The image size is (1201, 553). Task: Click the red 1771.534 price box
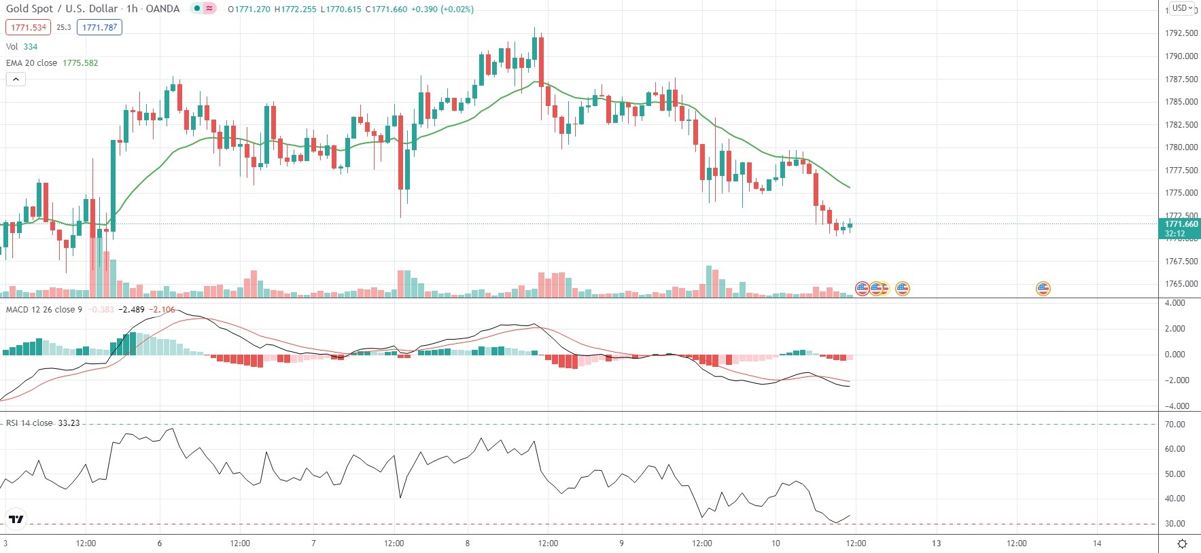(x=29, y=28)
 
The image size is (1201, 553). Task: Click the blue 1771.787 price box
(x=99, y=28)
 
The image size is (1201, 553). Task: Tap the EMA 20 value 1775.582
(x=80, y=63)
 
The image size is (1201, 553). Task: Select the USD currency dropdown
(x=1182, y=8)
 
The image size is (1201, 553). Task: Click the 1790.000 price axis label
(x=1181, y=56)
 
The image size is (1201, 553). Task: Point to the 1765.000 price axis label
(x=1181, y=284)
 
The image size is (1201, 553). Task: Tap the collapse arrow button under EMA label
(x=16, y=79)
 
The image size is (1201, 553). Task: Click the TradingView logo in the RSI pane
(x=16, y=520)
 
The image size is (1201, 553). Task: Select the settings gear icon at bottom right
(x=1182, y=543)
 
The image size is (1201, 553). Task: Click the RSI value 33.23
(x=69, y=423)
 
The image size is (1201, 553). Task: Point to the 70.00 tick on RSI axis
(x=1175, y=425)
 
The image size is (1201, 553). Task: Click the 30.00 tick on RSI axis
(x=1175, y=524)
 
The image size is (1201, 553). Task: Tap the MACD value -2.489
(x=131, y=310)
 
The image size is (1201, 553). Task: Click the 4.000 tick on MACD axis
(x=1175, y=303)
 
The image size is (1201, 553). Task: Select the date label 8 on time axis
(x=468, y=543)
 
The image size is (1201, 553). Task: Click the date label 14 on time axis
(x=1097, y=543)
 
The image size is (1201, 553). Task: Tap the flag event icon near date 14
(x=1043, y=289)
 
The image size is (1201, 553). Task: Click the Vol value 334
(x=31, y=47)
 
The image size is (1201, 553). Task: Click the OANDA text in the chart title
(x=162, y=9)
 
